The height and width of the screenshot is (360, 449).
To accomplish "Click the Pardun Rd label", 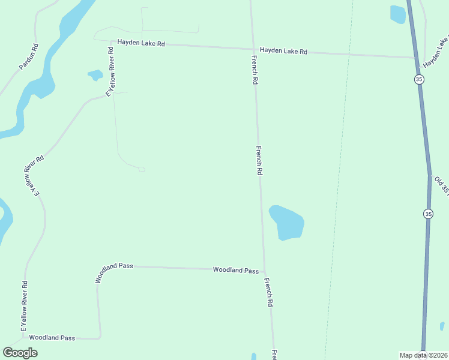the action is [29, 56].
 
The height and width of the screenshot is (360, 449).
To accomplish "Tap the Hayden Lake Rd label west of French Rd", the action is [141, 43].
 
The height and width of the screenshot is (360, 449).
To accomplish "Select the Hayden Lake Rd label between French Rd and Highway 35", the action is [283, 51].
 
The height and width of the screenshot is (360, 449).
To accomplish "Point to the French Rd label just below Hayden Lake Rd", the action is [255, 69].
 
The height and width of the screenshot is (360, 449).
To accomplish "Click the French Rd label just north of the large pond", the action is [259, 160].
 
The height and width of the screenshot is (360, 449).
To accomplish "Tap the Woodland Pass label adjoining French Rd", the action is [236, 270].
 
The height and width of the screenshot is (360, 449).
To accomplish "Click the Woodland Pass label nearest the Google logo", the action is [52, 338].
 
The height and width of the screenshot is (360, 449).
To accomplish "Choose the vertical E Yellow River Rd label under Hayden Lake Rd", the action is [110, 71].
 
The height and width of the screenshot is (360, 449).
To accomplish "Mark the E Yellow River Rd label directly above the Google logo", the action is [25, 306].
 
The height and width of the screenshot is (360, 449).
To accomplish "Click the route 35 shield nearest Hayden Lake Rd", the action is [419, 79].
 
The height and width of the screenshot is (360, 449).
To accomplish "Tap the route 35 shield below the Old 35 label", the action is [427, 214].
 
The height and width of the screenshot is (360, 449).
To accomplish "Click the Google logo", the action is [20, 353].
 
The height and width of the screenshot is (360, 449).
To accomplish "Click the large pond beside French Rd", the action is [286, 222].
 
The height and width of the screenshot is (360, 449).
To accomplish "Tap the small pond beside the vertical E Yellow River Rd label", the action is [95, 76].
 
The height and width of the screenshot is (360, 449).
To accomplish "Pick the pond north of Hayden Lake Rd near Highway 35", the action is [398, 14].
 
